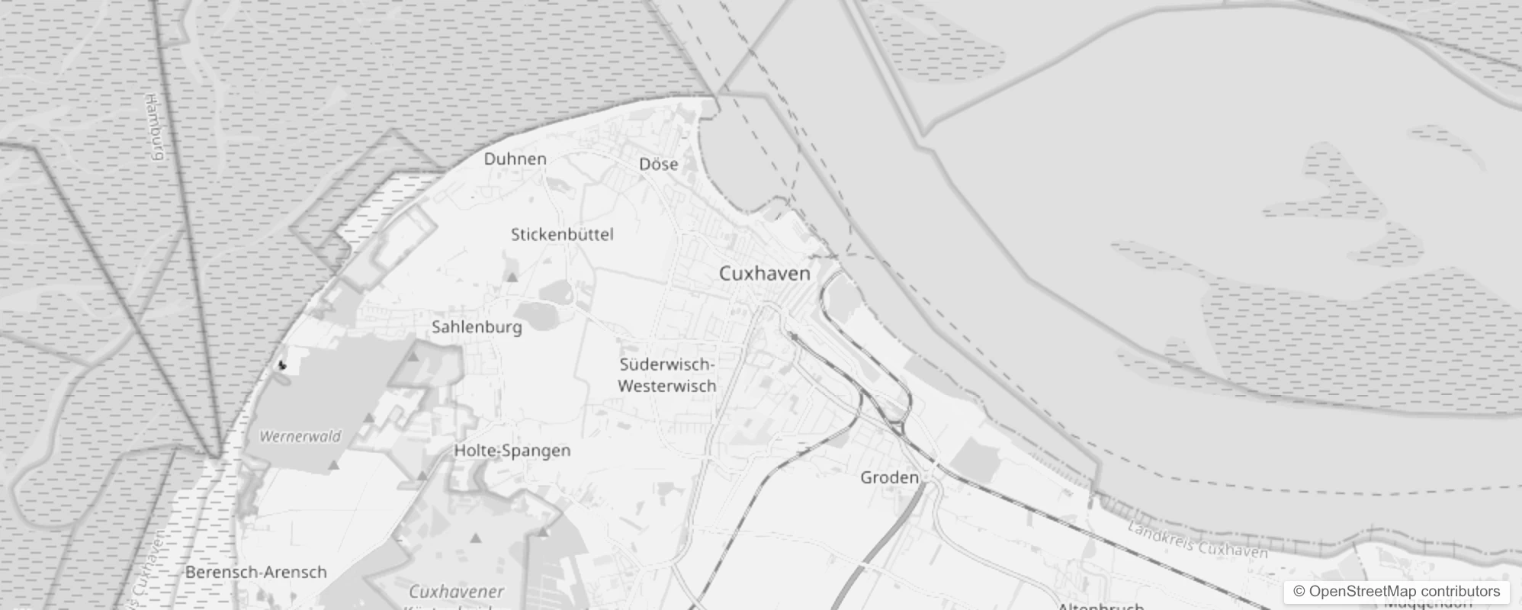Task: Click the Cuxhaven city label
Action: tap(764, 274)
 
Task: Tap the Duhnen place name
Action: tap(515, 159)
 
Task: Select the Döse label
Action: tap(658, 165)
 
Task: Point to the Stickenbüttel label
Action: tap(562, 235)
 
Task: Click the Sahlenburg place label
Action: tap(477, 327)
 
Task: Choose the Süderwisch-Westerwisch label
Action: tap(667, 375)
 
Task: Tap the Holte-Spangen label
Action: tap(512, 451)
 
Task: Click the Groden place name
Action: tap(889, 478)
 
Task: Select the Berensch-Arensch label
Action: tap(255, 572)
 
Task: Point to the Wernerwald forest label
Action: tap(300, 437)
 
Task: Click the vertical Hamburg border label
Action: tap(154, 127)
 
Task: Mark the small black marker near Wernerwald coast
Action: tap(281, 365)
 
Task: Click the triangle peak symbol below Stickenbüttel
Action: tap(512, 278)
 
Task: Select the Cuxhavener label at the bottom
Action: tap(456, 592)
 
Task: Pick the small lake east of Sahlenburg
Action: tap(539, 315)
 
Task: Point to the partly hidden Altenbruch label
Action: tap(1100, 606)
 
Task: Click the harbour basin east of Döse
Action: tap(736, 164)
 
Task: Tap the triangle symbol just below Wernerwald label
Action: tap(333, 464)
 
